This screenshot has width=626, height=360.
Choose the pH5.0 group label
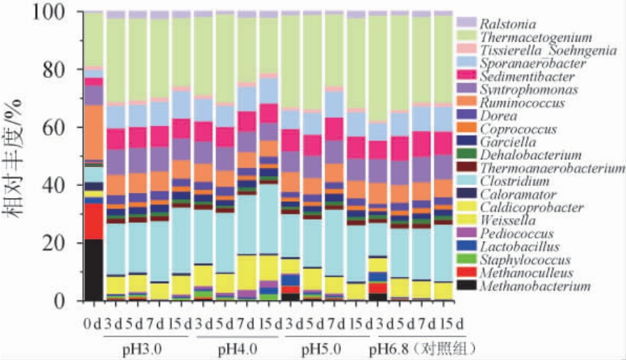click(x=325, y=348)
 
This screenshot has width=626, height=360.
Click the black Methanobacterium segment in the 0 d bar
click(x=94, y=270)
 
